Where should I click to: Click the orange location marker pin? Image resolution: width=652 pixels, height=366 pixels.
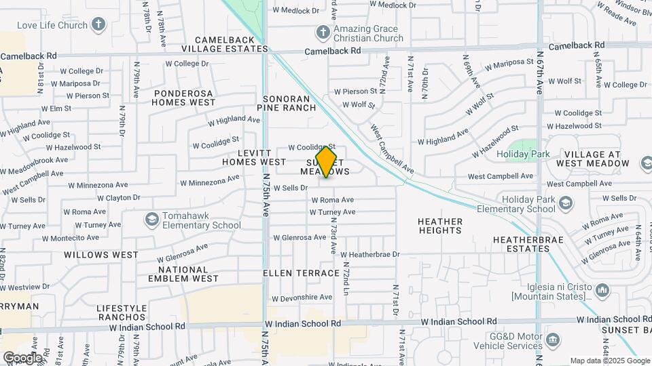pos(327,161)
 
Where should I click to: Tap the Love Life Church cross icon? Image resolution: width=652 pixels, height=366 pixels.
pos(98,26)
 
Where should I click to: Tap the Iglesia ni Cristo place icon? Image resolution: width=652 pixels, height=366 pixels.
pos(602,291)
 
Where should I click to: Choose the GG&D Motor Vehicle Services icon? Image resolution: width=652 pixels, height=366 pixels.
pos(554,339)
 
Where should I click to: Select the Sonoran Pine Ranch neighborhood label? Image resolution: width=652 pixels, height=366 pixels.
pos(290,103)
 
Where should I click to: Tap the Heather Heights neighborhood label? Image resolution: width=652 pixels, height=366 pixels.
pos(440,226)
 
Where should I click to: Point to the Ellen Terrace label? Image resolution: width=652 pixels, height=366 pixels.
pos(302,273)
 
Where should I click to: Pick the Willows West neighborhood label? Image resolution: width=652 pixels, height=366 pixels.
pos(101,255)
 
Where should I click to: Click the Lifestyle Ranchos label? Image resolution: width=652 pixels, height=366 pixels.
pos(122,312)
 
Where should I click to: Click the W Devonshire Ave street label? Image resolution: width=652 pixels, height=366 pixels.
pos(302,298)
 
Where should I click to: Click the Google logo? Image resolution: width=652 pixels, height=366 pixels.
pos(22,357)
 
